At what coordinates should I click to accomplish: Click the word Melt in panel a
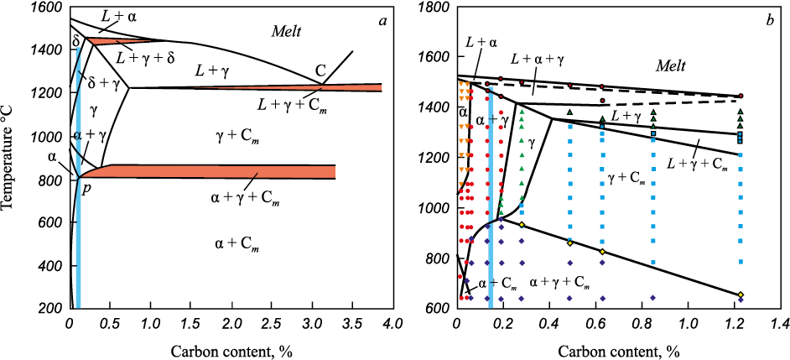(x=286, y=32)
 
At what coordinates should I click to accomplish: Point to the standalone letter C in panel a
(x=320, y=70)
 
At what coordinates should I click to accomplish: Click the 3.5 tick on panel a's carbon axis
(x=352, y=321)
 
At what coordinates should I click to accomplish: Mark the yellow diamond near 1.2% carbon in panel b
(x=741, y=295)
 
